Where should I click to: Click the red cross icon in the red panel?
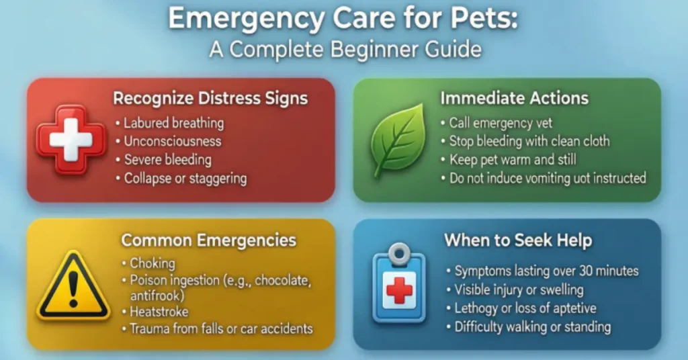click(x=71, y=140)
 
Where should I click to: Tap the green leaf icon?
click(x=398, y=140)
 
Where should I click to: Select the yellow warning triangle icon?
click(x=73, y=285)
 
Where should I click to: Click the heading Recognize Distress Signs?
click(x=210, y=98)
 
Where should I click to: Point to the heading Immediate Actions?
click(x=514, y=98)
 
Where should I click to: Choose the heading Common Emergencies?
click(x=209, y=240)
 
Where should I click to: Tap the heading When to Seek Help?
click(x=518, y=240)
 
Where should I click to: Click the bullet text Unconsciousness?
click(x=172, y=142)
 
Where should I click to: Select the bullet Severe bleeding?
click(x=167, y=160)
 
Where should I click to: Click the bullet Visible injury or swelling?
click(x=519, y=290)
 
